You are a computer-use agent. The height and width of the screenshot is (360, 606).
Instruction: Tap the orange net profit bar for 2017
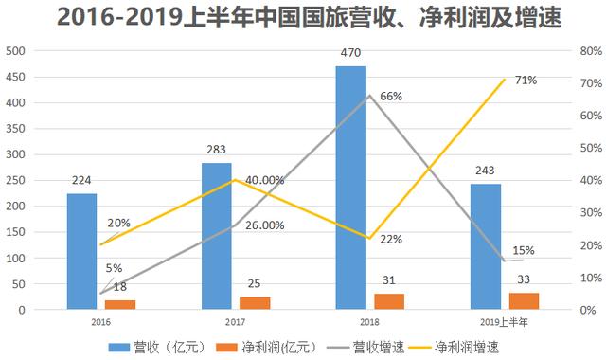tap(254, 303)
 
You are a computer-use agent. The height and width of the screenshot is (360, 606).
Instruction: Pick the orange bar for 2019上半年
tap(523, 300)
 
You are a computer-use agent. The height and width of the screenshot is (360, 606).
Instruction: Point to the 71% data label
tap(526, 81)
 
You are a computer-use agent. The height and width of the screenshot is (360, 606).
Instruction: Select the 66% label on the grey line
tap(391, 97)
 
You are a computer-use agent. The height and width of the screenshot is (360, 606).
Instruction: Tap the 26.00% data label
tap(263, 225)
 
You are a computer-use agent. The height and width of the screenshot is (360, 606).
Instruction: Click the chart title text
tap(303, 18)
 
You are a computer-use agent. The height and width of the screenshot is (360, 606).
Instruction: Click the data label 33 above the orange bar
tap(524, 281)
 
